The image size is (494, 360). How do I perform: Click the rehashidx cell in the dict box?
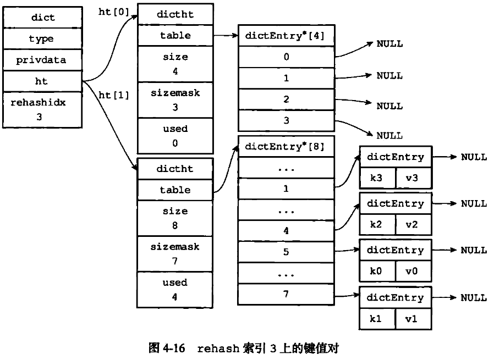click(43, 109)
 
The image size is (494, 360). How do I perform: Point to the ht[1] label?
click(113, 95)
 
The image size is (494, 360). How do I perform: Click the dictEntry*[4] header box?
click(286, 36)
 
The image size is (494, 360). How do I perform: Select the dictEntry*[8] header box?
click(286, 147)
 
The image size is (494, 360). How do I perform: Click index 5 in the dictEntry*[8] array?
click(286, 252)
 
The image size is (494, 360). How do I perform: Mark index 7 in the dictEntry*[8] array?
click(286, 294)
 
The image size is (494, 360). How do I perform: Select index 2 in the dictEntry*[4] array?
click(286, 99)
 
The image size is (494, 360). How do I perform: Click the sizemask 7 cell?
click(175, 254)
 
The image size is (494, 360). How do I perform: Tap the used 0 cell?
click(175, 136)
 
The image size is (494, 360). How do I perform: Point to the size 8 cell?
click(175, 218)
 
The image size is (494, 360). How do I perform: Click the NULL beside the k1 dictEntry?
click(474, 297)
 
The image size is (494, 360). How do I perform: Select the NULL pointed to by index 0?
click(389, 44)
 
